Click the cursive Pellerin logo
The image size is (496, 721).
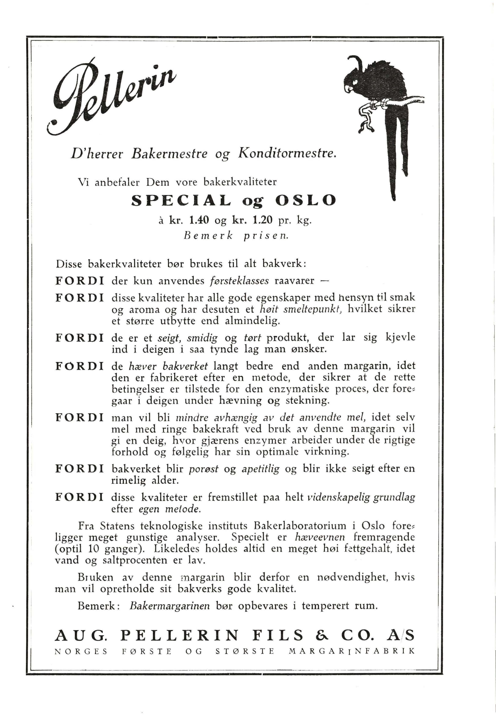coord(112,96)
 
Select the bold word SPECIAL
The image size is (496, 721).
coord(181,200)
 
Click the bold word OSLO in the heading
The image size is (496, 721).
coord(305,200)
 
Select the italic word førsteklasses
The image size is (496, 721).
coord(239,281)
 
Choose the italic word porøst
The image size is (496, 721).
coord(203,469)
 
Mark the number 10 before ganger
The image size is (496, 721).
coord(93,549)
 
